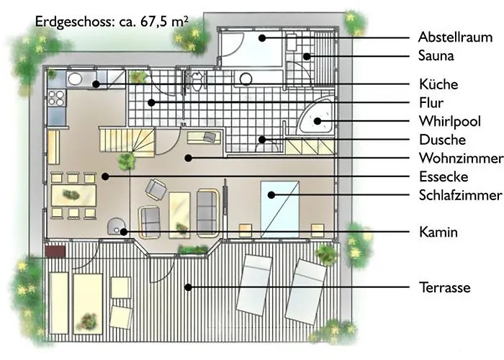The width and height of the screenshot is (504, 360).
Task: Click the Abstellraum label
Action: pyautogui.click(x=455, y=37)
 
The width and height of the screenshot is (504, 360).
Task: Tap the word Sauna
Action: pyautogui.click(x=436, y=55)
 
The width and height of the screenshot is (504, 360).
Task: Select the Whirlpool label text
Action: pyautogui.click(x=450, y=121)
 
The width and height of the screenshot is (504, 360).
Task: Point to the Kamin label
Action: pyautogui.click(x=438, y=232)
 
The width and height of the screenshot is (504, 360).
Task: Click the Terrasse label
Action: pyautogui.click(x=445, y=287)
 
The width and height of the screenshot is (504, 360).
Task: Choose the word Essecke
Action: pyautogui.click(x=444, y=176)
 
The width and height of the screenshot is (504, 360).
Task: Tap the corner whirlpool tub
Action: pyautogui.click(x=316, y=117)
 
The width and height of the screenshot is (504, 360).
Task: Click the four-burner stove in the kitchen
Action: pyautogui.click(x=57, y=98)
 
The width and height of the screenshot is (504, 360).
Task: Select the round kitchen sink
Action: pyautogui.click(x=75, y=78)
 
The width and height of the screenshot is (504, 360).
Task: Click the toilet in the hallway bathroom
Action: pyautogui.click(x=197, y=81)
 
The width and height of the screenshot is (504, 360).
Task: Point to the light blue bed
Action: pyautogui.click(x=279, y=210)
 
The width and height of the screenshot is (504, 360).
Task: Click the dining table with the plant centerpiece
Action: pyautogui.click(x=73, y=195)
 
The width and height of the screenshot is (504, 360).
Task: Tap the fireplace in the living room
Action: pyautogui.click(x=116, y=226)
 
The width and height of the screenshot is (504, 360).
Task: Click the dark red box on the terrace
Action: pyautogui.click(x=55, y=252)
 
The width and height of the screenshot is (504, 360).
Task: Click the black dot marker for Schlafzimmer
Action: pyautogui.click(x=271, y=195)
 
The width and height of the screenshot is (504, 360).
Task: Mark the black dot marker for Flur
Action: pyautogui.click(x=151, y=103)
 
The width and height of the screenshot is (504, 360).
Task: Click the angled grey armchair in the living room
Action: pyautogui.click(x=156, y=189)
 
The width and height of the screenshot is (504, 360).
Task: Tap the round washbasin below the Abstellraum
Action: pyautogui.click(x=246, y=79)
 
